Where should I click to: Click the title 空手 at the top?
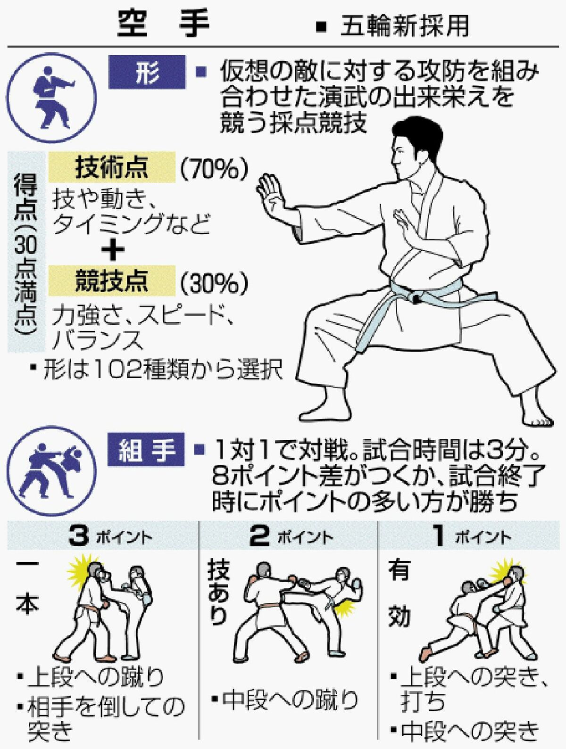pos(163,24)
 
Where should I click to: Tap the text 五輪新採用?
pos(405,26)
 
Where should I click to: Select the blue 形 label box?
pos(147,72)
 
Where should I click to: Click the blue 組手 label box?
pos(147,450)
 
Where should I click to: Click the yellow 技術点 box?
pos(112,167)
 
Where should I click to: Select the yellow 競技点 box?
pos(112,281)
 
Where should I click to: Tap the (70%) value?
pos(214,168)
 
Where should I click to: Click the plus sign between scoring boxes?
pos(113,250)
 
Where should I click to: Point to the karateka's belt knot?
pos(416,296)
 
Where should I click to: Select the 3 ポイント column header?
pos(109,536)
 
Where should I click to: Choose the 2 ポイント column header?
pos(291,536)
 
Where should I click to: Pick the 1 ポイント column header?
pos(472,536)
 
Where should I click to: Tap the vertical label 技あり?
pos(218,594)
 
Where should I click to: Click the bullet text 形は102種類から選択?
pos(158,370)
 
